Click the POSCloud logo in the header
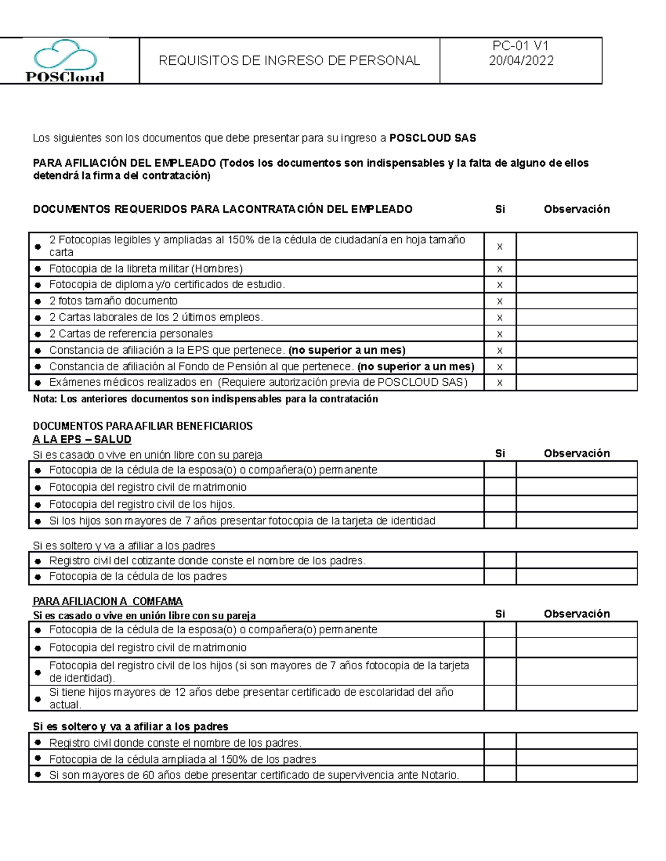click(x=65, y=61)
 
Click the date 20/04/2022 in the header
click(x=521, y=61)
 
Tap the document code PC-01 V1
click(x=521, y=47)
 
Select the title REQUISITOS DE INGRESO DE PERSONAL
click(x=289, y=61)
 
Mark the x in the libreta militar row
click(x=500, y=269)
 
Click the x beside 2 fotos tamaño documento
click(x=500, y=302)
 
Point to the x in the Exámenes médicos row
click(x=500, y=383)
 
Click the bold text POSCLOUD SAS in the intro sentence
click(x=432, y=138)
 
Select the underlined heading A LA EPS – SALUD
click(x=82, y=440)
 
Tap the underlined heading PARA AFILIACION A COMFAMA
click(x=108, y=602)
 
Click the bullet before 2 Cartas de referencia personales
click(x=38, y=335)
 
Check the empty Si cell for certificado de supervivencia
click(x=500, y=775)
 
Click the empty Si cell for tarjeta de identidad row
click(x=500, y=521)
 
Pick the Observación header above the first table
click(x=577, y=210)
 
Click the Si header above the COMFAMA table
click(x=500, y=614)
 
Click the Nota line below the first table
click(x=205, y=399)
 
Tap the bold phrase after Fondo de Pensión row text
click(x=416, y=366)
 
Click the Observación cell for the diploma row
click(x=576, y=285)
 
